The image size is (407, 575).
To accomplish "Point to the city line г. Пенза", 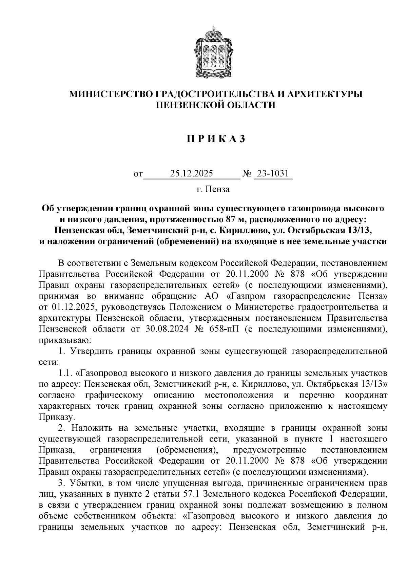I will click(x=213, y=189).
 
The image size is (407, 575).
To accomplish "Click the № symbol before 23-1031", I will click(x=247, y=174).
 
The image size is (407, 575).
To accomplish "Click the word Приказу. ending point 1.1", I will click(x=56, y=417).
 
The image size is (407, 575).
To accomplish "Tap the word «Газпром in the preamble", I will click(x=247, y=296).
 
